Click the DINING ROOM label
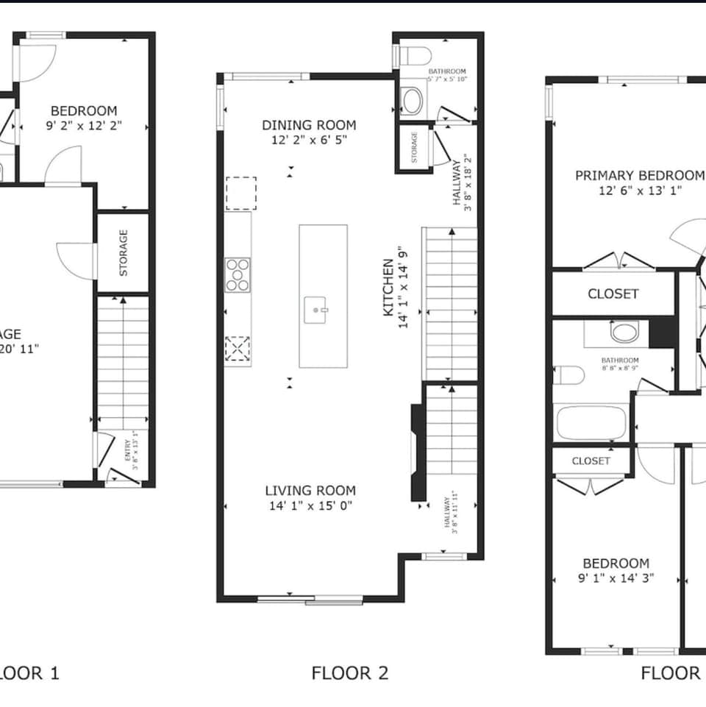(309, 125)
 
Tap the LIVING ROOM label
(310, 491)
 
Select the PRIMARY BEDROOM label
(639, 175)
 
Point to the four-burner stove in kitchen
(238, 275)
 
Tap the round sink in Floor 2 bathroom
(413, 101)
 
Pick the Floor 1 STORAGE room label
(124, 252)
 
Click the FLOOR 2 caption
(349, 672)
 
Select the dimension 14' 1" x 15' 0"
(310, 505)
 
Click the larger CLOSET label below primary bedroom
(613, 294)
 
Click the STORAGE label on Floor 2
(414, 147)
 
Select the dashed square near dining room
(240, 193)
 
